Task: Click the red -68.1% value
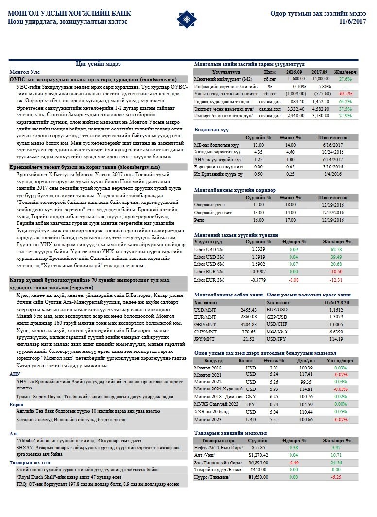(x=345, y=93)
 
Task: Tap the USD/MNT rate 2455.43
(x=248, y=309)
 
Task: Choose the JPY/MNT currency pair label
(x=204, y=338)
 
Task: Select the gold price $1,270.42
(x=257, y=455)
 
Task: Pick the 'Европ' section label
(x=17, y=405)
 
